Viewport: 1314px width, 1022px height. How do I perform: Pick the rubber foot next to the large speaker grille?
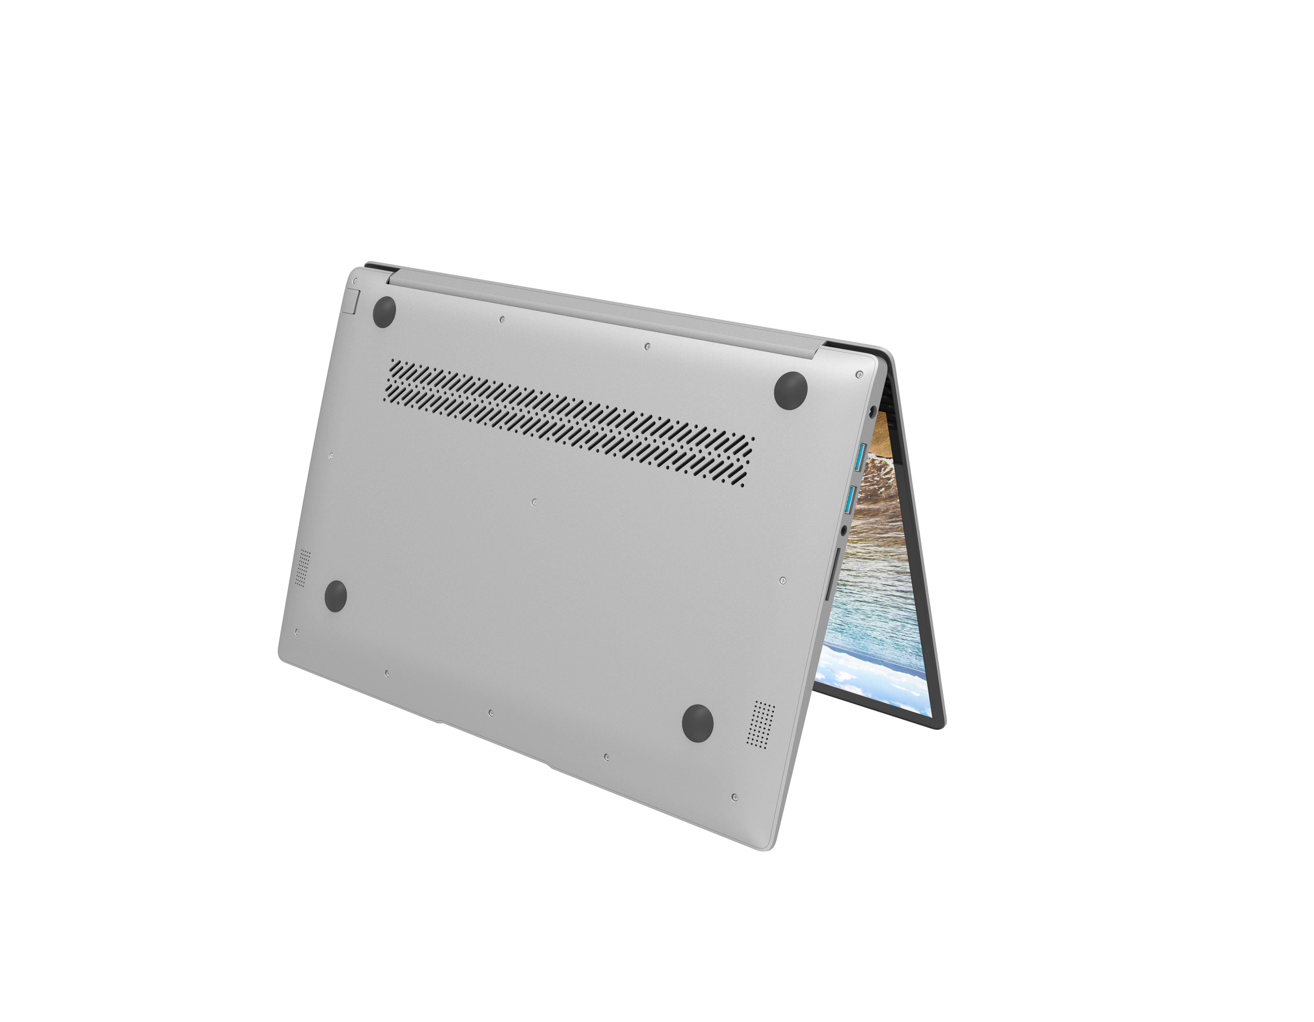click(698, 720)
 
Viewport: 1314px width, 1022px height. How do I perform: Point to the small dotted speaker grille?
click(303, 567)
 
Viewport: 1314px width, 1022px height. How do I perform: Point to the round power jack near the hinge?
click(873, 413)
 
